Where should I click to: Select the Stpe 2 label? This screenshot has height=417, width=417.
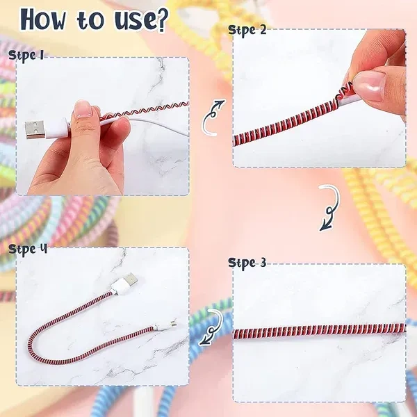[247, 31]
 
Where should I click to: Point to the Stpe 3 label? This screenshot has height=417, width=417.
[247, 263]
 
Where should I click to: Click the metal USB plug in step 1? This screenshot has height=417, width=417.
[34, 130]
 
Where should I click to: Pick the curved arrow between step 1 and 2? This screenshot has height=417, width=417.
[213, 117]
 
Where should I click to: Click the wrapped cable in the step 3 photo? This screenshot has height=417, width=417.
[320, 330]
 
